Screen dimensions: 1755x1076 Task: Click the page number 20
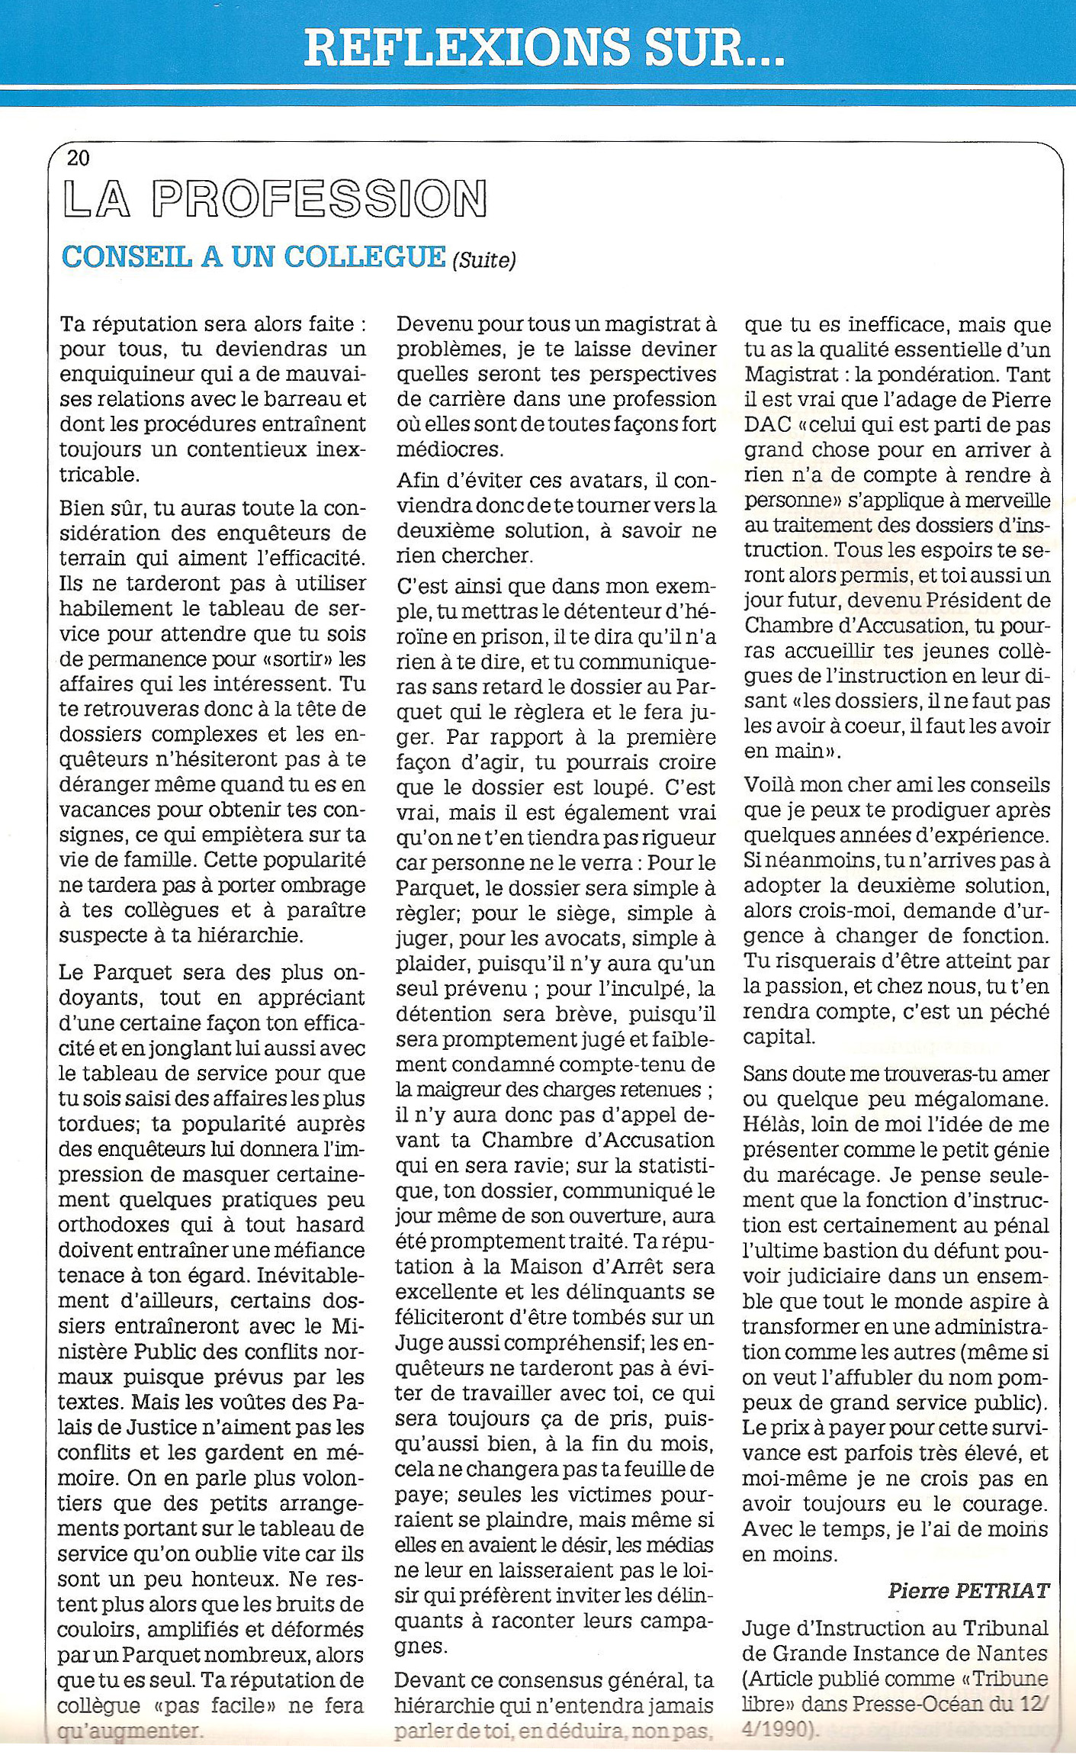click(x=79, y=158)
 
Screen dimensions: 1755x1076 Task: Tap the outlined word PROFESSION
click(x=319, y=200)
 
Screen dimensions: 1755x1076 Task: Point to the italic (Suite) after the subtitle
click(x=483, y=261)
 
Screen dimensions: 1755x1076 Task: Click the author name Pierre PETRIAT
click(x=968, y=1590)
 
